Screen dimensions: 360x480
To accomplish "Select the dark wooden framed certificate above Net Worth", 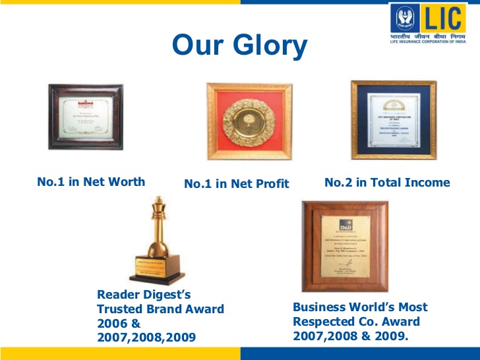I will pos(86,117).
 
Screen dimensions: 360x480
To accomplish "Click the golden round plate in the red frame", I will pos(249,121).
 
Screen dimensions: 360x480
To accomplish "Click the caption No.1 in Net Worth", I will pos(91,182).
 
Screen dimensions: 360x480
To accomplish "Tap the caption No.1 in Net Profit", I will pos(237,184).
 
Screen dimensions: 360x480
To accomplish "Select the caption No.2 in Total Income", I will pos(387,183).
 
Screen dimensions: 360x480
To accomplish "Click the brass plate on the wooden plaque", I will pos(345,247).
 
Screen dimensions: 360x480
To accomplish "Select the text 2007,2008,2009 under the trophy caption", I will pos(146,338).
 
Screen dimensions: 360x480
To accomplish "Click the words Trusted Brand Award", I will pos(160,309).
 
